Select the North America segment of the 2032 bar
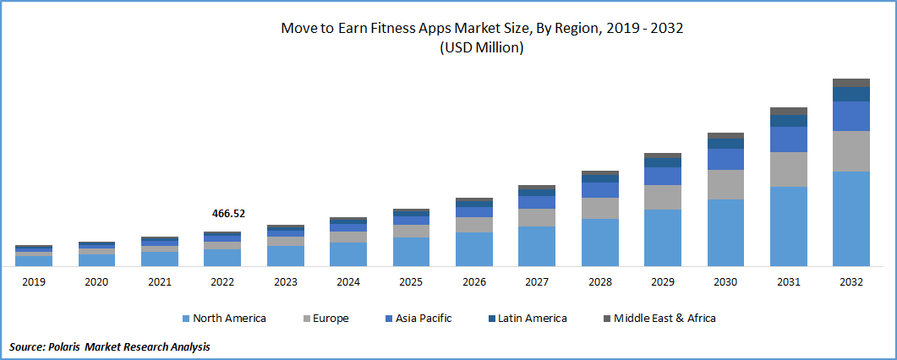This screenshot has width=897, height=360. (851, 218)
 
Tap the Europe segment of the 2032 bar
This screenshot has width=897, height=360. (851, 151)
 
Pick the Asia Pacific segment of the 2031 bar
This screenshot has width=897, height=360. (788, 139)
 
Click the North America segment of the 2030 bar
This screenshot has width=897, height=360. (725, 232)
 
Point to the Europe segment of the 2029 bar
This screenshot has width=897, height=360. (662, 197)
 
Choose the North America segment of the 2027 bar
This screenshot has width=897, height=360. (537, 246)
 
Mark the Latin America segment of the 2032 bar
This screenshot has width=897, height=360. (851, 94)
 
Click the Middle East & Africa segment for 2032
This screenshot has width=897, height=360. (851, 83)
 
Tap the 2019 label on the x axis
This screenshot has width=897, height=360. (33, 282)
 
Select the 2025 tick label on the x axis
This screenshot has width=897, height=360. (411, 282)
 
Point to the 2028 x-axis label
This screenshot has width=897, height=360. (599, 282)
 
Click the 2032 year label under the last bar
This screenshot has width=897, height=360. (851, 282)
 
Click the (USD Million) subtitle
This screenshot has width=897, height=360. (482, 48)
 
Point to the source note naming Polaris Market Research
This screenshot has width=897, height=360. (110, 347)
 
